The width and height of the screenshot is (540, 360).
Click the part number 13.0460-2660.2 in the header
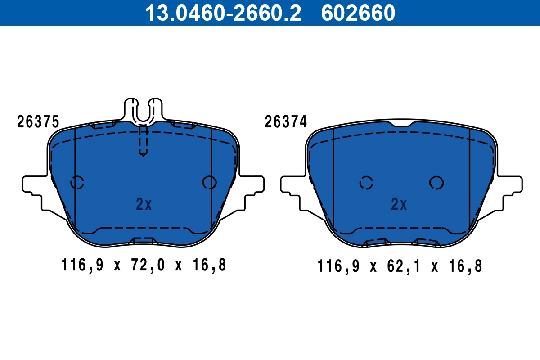(223, 13)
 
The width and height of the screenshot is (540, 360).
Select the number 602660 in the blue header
(358, 13)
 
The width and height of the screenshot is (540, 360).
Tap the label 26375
(38, 122)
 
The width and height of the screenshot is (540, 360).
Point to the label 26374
(286, 122)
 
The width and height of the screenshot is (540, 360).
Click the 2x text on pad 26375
(144, 205)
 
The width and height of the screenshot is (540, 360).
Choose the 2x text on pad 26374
(399, 205)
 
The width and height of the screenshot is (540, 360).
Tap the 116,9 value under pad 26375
(82, 265)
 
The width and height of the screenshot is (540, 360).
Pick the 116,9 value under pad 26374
(338, 266)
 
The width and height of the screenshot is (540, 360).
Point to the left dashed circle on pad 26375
(77, 182)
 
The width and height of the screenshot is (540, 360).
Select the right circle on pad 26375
(209, 182)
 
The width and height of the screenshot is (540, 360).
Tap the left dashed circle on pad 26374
(366, 183)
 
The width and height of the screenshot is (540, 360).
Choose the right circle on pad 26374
(436, 182)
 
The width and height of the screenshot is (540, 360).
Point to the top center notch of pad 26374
(400, 124)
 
